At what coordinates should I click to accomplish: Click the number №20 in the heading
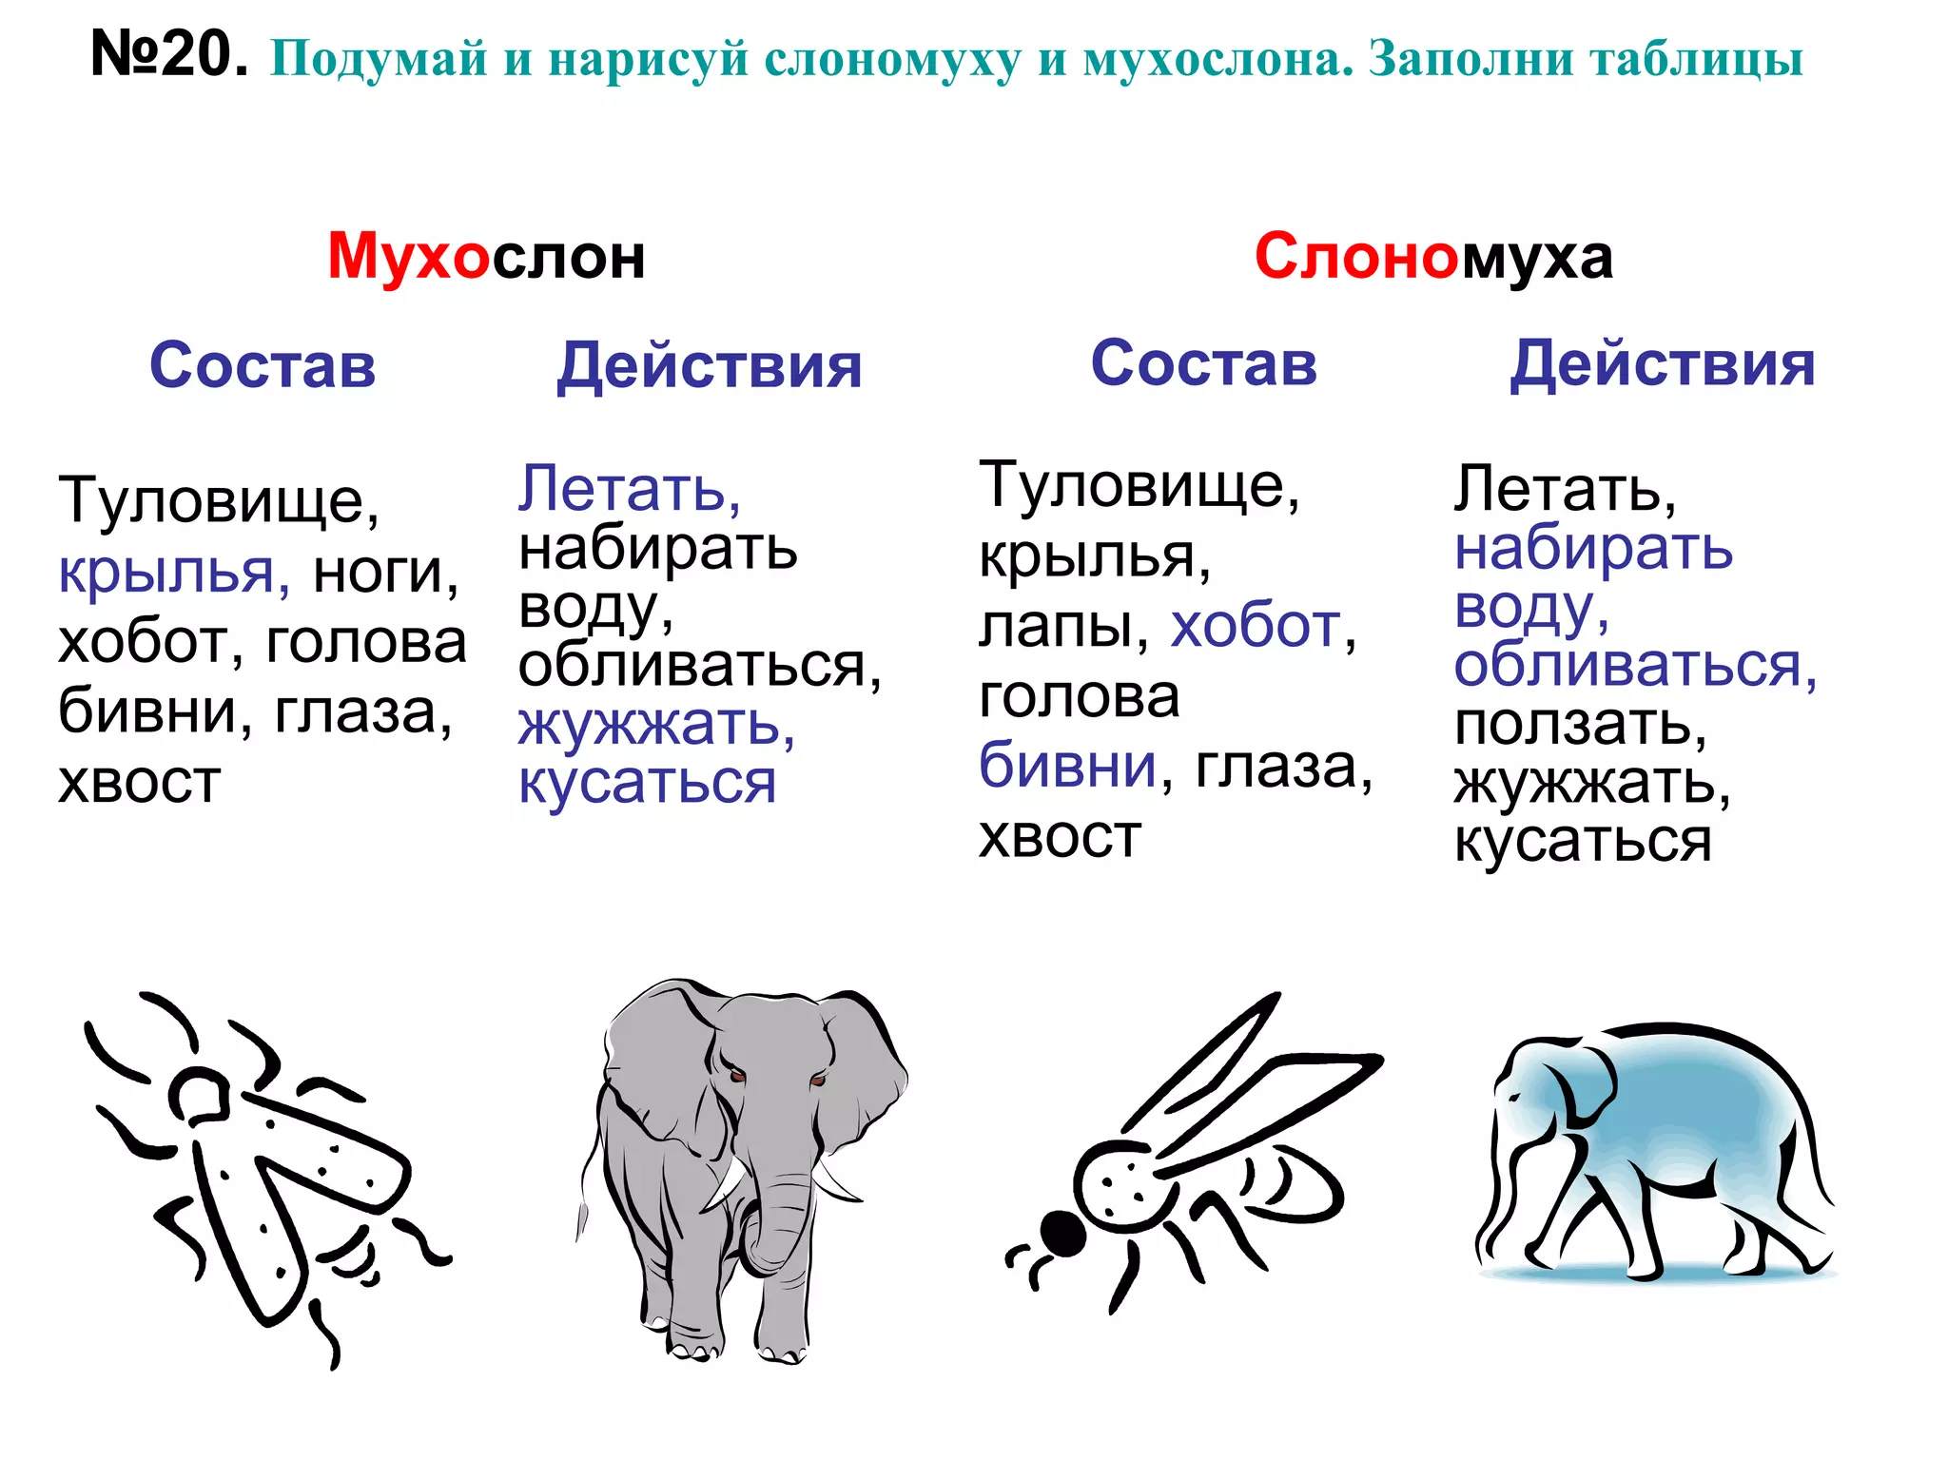(x=168, y=54)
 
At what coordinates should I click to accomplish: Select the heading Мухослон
(x=486, y=257)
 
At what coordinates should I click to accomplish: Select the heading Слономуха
(x=1433, y=257)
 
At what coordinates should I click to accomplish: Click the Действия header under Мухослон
(x=710, y=366)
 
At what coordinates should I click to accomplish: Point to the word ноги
(x=385, y=573)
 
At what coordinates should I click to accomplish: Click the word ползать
(x=1580, y=725)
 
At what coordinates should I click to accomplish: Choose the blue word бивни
(x=1067, y=766)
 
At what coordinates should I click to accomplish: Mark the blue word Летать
(x=629, y=490)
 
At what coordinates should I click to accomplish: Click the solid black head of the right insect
(x=1062, y=1235)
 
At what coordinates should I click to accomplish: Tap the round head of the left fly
(x=199, y=1094)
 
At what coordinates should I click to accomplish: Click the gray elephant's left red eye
(x=735, y=1075)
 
